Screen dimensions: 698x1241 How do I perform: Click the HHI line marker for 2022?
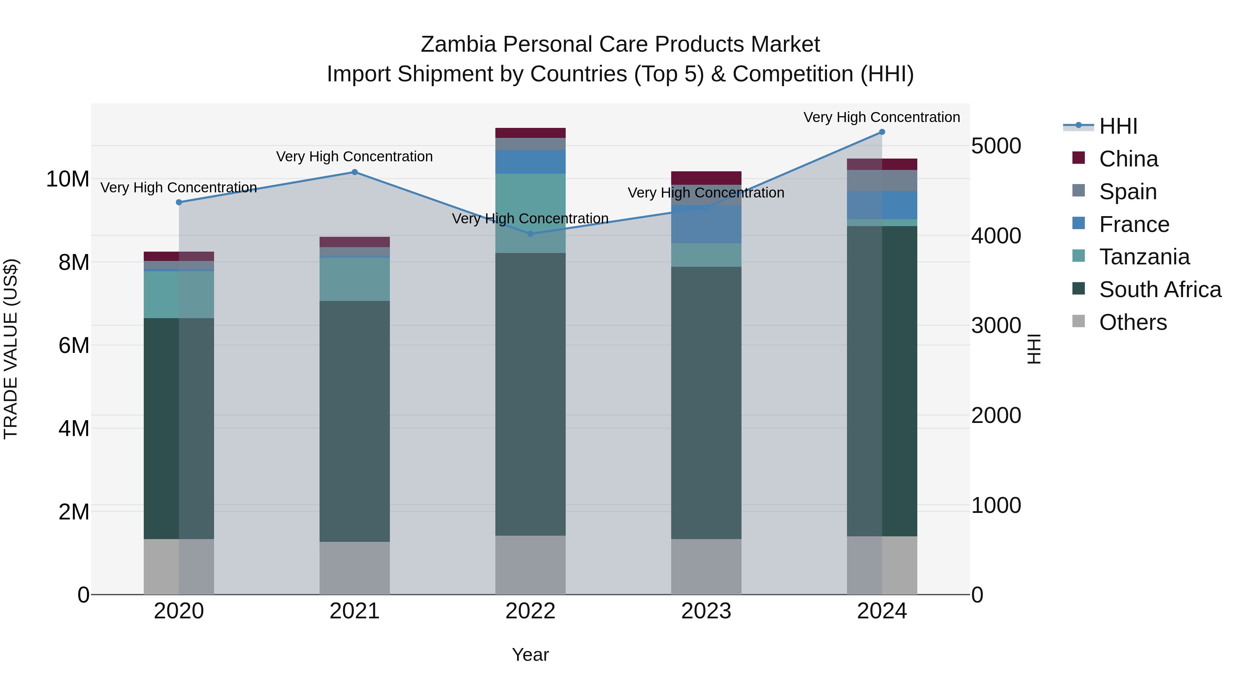531,234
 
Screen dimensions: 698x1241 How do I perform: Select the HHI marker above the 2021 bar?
355,172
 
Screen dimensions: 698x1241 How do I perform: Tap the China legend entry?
1128,159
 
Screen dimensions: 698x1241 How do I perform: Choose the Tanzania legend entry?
1144,257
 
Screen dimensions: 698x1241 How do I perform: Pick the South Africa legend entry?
1160,290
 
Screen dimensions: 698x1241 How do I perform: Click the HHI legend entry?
1118,126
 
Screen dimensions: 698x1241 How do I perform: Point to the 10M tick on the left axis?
68,179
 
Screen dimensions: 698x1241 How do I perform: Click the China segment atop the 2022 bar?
531,133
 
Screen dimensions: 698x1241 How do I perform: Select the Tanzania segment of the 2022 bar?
531,213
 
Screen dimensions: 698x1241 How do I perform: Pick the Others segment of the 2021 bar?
355,568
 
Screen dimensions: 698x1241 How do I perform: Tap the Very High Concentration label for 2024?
881,117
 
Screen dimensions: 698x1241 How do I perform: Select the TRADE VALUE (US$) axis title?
11,349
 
